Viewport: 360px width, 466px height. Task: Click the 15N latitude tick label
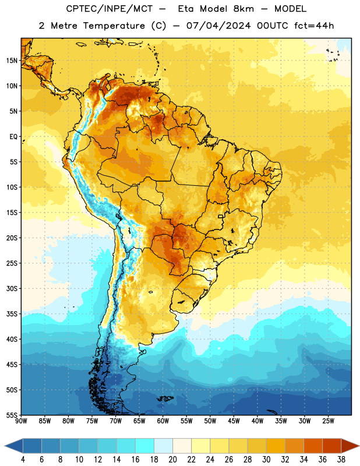(12, 61)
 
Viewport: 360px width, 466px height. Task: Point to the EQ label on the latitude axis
(13, 137)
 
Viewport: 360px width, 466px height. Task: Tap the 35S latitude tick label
(12, 314)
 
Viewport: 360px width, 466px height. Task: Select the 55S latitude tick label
(12, 415)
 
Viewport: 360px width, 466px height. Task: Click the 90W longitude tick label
(22, 421)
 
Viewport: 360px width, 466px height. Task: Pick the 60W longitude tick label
(163, 421)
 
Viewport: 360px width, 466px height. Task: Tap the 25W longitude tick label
(328, 421)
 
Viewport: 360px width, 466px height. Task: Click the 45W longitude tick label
(234, 421)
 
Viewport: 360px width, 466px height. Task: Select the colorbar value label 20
(172, 460)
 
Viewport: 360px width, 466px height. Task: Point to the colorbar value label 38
(341, 460)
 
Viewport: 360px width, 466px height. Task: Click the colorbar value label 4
(23, 460)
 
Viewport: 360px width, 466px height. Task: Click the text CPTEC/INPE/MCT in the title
(109, 9)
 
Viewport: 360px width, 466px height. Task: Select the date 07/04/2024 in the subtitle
(218, 26)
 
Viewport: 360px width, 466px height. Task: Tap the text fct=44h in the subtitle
(314, 26)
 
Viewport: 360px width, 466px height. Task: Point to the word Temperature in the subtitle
(114, 26)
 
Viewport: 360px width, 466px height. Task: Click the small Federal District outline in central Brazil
(221, 216)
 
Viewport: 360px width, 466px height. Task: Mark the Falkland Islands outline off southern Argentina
(165, 398)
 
